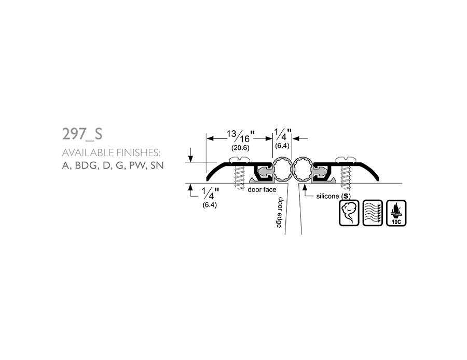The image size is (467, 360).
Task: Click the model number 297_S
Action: coord(82,134)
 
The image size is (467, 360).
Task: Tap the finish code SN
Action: coord(157,165)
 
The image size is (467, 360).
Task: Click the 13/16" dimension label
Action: coord(241,136)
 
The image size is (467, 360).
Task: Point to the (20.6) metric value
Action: coord(240,148)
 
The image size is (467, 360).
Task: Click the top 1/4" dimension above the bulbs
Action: coord(282,134)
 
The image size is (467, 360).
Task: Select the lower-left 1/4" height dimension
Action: coord(210,193)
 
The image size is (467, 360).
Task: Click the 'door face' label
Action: coord(262,190)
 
